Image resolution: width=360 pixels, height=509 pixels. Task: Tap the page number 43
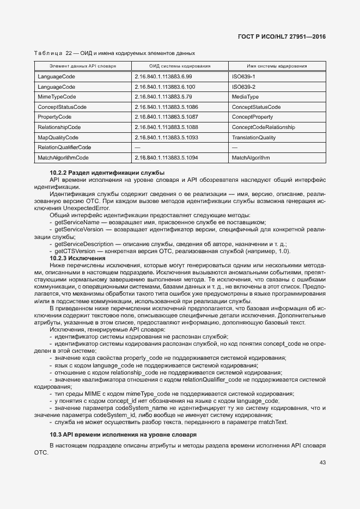tap(322, 463)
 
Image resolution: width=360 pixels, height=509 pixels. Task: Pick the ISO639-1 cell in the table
tap(243, 77)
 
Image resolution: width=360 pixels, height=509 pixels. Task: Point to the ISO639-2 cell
tap(243, 87)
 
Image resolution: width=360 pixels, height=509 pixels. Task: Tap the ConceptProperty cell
tap(252, 117)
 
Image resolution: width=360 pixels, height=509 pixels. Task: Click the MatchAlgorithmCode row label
tap(63, 158)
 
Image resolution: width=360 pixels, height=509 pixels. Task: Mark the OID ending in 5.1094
tap(166, 158)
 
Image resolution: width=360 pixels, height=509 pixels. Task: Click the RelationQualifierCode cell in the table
tap(64, 148)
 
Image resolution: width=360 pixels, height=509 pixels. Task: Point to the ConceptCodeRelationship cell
tap(263, 127)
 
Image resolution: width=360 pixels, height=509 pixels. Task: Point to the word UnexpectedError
tap(87, 208)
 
